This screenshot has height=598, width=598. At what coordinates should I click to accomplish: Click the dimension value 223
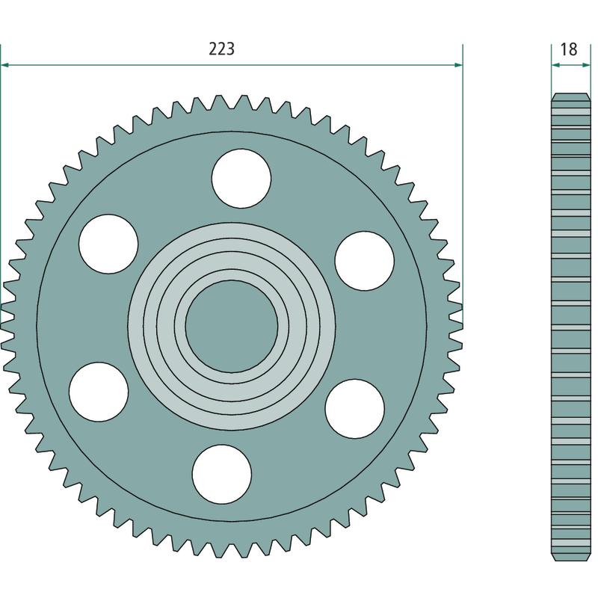[x=221, y=49]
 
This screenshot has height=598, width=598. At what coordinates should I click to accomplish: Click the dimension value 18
[x=569, y=49]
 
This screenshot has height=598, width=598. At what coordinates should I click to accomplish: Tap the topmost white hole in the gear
[x=241, y=179]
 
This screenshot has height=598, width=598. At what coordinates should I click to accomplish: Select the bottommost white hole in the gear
[x=221, y=475]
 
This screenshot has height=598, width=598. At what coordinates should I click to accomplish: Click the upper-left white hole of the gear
[x=108, y=244]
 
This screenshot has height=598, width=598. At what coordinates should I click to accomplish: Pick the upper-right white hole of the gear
[x=365, y=261]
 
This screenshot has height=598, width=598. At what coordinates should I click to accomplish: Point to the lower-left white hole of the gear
[x=99, y=392]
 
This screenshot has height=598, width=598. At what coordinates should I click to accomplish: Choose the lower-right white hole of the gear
[x=354, y=409]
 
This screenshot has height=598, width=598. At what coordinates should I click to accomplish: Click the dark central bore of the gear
[x=232, y=327]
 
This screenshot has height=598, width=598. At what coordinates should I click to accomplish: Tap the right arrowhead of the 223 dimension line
[x=458, y=65]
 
